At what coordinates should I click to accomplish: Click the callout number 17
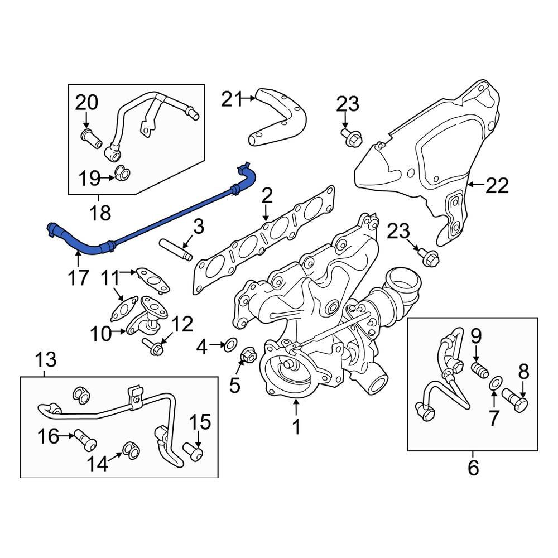pos(78,277)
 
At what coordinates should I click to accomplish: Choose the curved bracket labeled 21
pos(282,117)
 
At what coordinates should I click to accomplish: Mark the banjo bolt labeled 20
pos(91,138)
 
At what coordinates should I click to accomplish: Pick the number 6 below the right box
pos(473,468)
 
